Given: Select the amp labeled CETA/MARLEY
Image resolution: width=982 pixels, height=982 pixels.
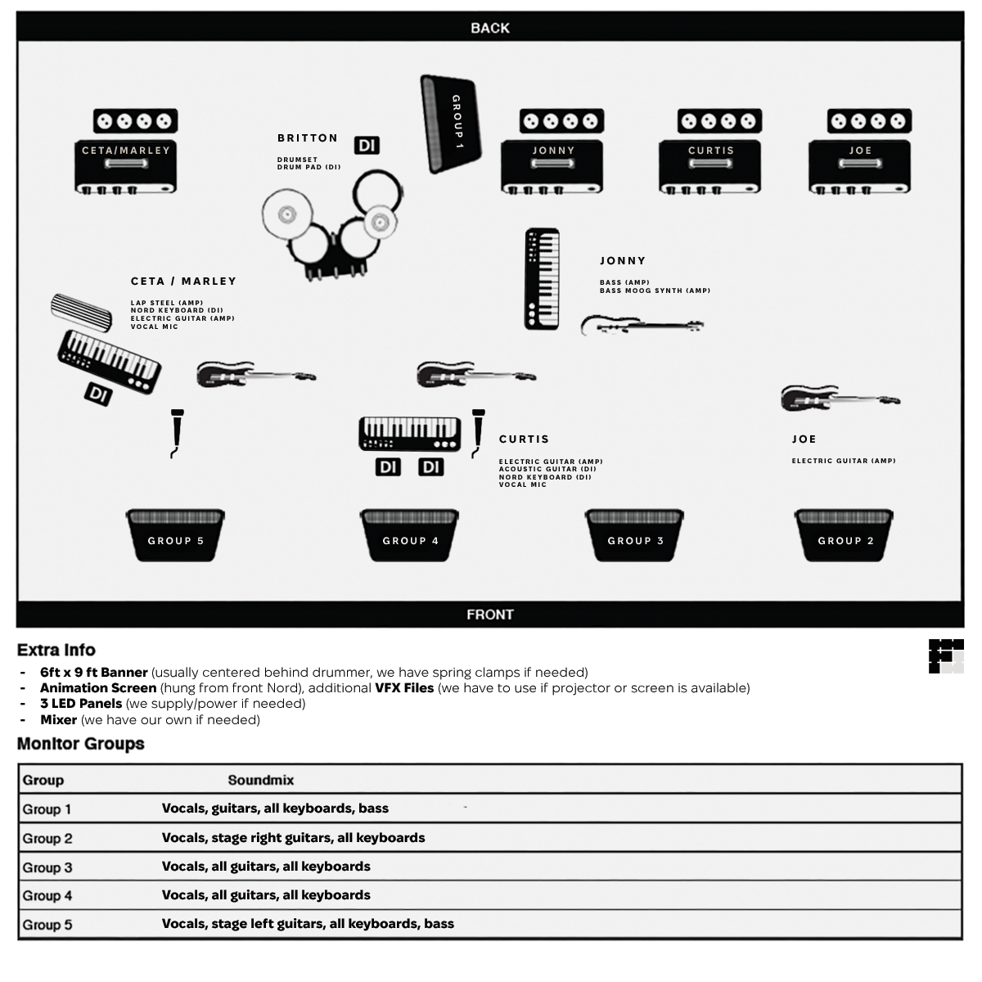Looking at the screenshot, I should click(x=125, y=152).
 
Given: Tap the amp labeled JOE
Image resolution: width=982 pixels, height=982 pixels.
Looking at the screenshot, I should click(x=859, y=152).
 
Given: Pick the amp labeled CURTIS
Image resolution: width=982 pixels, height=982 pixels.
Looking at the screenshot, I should click(x=709, y=152).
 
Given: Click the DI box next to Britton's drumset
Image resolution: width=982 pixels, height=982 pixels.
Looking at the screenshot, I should click(x=367, y=145).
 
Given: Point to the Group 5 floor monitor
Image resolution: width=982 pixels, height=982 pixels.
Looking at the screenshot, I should click(x=175, y=535).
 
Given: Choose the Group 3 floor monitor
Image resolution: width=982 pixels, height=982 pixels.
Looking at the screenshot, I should click(x=635, y=535).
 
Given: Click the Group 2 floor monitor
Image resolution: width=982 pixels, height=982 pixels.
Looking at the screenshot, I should click(x=845, y=535).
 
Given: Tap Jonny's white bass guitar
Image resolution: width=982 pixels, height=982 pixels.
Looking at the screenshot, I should click(x=642, y=327).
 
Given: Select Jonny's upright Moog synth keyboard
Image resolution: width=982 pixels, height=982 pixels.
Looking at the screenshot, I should click(x=543, y=279).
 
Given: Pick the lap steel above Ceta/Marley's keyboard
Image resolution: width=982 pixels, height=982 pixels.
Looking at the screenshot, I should click(x=81, y=313).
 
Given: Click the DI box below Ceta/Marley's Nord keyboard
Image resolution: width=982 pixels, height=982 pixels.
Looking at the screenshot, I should click(x=98, y=394).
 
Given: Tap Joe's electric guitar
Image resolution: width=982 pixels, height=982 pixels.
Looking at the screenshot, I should click(x=840, y=399).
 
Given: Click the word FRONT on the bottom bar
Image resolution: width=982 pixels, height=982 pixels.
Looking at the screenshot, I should click(x=490, y=615).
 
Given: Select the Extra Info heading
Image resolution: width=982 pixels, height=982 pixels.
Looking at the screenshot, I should click(x=56, y=650).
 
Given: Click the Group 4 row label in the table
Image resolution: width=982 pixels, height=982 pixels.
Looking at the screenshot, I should click(x=47, y=896).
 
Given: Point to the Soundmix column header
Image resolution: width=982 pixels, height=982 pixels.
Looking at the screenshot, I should click(x=260, y=780).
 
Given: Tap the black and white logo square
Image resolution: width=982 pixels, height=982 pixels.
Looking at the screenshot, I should click(x=946, y=656).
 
